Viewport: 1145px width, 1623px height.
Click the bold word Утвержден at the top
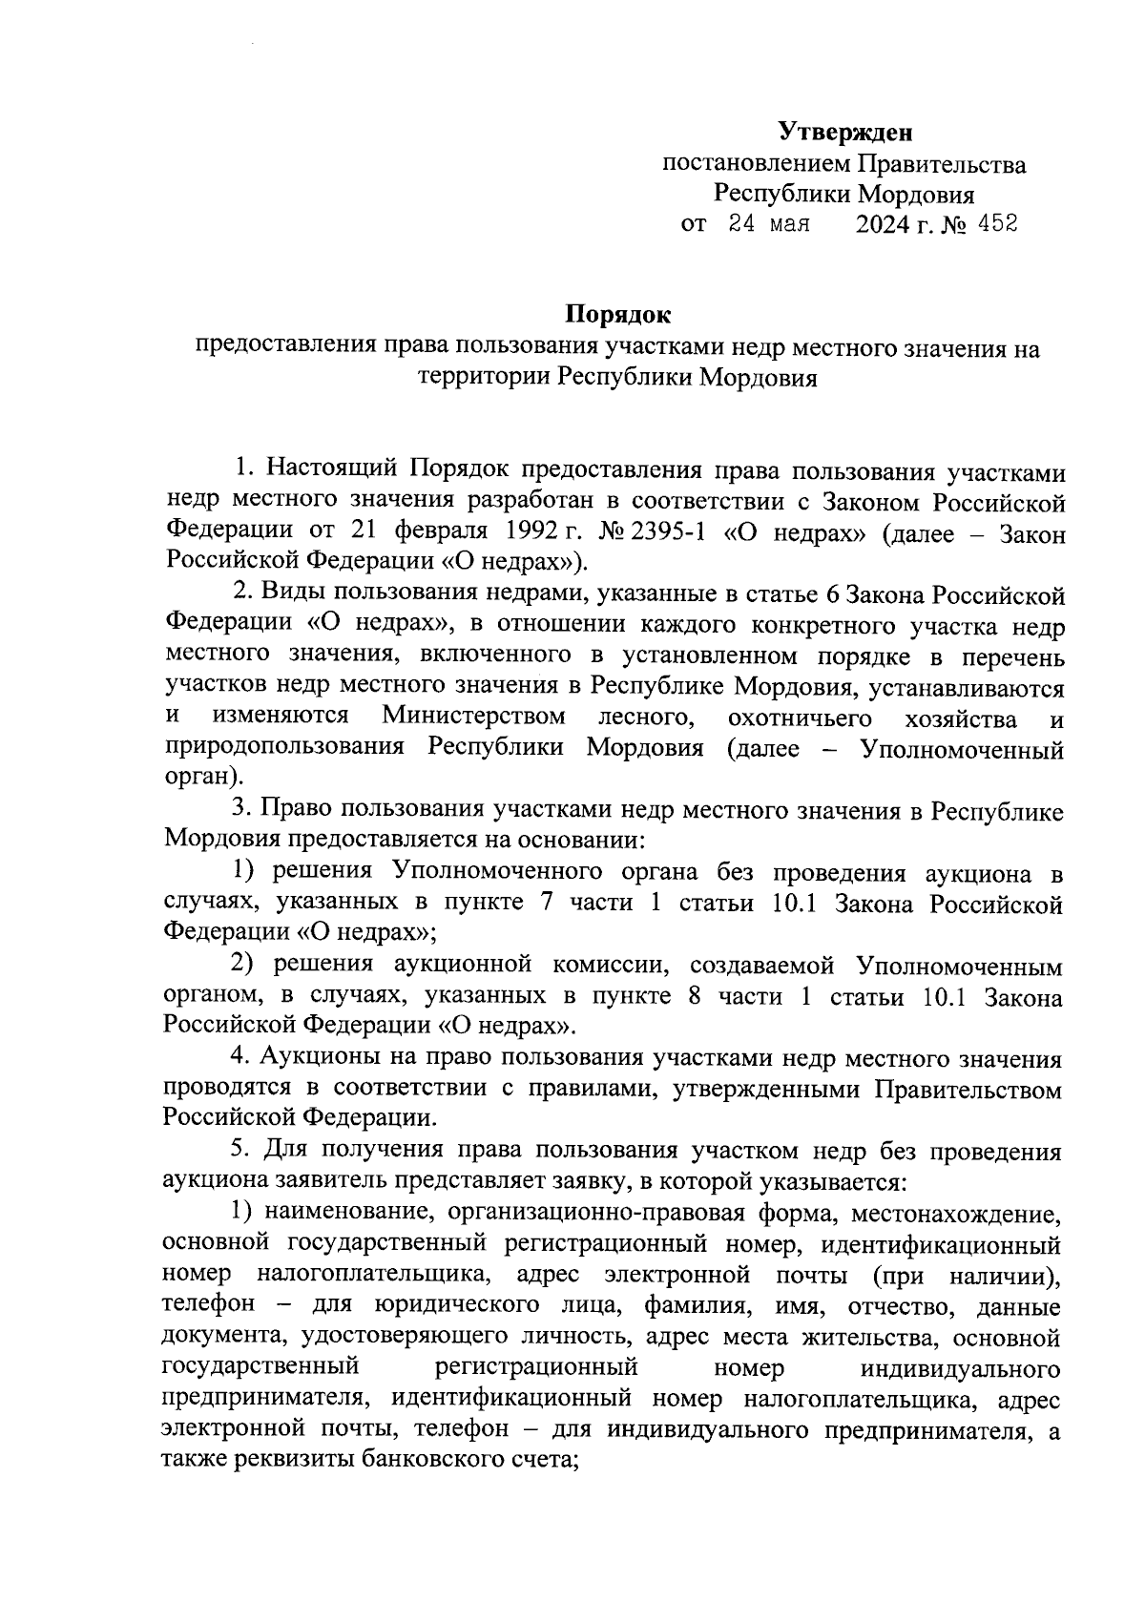pyautogui.click(x=845, y=131)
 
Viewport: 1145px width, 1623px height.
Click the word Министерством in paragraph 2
pyautogui.click(x=473, y=716)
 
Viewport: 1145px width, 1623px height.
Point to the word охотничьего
pyautogui.click(x=800, y=717)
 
